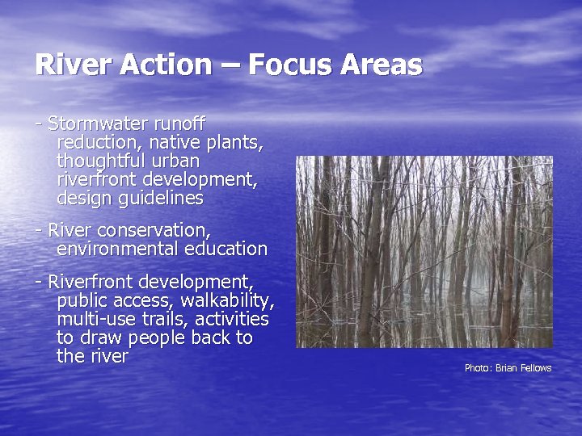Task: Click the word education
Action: tap(221, 249)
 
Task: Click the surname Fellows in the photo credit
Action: tap(534, 368)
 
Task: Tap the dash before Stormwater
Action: tap(39, 124)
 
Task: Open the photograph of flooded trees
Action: tap(424, 251)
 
